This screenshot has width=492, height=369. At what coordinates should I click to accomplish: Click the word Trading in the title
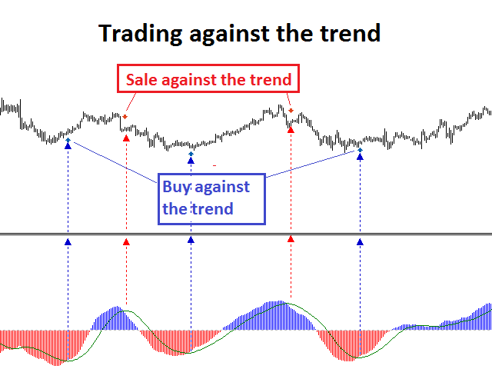coord(140,34)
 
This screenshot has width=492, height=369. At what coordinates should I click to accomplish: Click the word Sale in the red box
coord(141,79)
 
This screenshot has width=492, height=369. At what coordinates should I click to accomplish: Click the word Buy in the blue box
coord(176,188)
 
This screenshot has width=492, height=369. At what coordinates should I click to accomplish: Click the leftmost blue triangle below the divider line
coord(68,242)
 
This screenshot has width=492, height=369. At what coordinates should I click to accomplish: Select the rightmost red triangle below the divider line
coord(291,239)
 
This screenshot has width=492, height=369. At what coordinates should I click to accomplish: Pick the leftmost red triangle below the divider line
coord(126,242)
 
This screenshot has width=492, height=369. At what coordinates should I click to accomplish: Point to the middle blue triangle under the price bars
coord(191,161)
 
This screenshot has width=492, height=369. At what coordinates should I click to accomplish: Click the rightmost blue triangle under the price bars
coord(360,157)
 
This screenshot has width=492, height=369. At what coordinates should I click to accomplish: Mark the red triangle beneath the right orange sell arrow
coord(291,130)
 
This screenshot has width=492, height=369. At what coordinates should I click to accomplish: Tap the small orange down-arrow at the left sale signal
coord(125,117)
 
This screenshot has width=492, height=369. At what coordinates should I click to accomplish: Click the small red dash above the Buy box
coord(214,165)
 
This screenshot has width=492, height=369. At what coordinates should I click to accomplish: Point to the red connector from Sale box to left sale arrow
coord(131,101)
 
